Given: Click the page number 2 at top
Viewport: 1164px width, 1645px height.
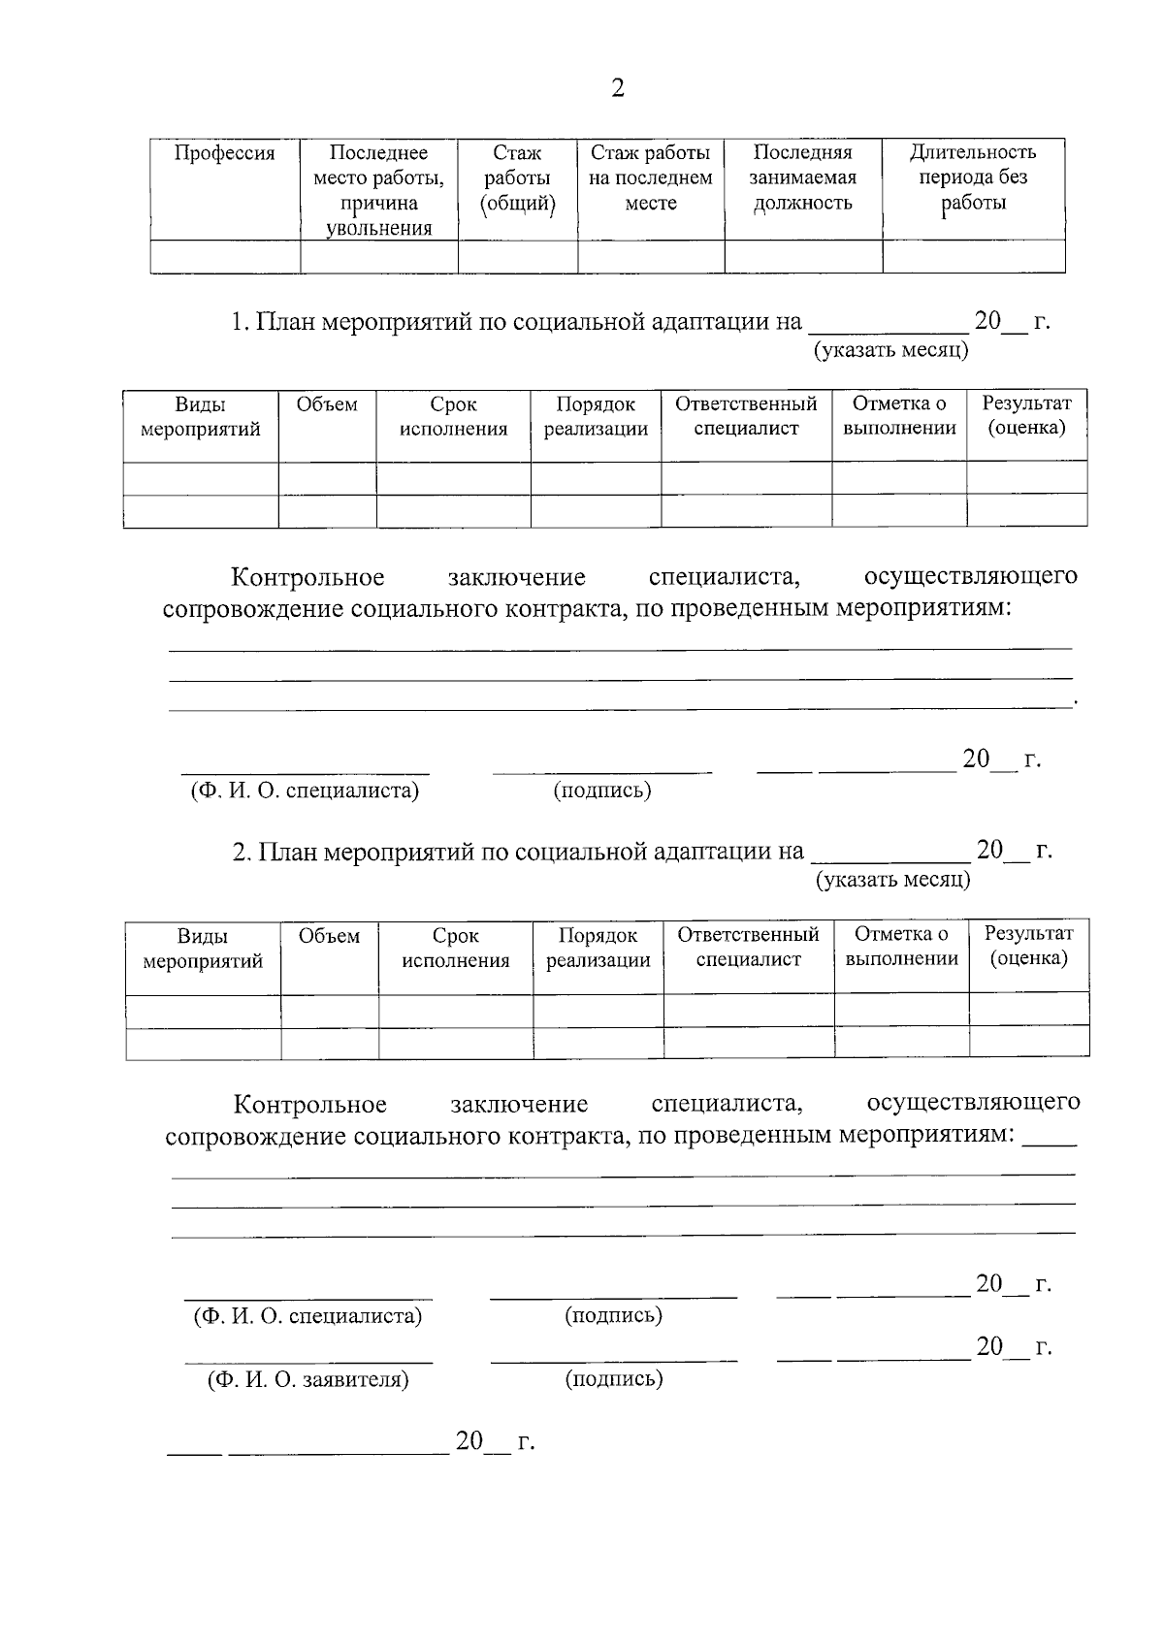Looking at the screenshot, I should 617,89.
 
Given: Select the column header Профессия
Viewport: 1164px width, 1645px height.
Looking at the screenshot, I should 224,153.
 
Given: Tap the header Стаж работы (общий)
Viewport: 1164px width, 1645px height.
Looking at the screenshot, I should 517,178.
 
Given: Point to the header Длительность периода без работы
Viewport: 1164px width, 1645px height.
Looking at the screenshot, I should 973,177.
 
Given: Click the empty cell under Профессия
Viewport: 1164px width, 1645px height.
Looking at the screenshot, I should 225,257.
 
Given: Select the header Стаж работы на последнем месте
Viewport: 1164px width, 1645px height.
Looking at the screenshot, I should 650,178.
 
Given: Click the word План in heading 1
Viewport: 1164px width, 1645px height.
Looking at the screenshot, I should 286,322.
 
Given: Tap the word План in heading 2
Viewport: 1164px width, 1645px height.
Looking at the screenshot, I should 288,852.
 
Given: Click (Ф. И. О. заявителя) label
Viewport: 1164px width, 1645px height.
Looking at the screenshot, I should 307,1379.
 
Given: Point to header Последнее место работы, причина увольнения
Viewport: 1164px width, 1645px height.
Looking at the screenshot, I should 378,191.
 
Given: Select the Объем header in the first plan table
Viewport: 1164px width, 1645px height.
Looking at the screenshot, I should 327,404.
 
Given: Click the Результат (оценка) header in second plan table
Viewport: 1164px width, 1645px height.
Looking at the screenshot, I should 1028,946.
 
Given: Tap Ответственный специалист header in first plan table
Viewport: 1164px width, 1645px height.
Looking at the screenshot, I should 746,416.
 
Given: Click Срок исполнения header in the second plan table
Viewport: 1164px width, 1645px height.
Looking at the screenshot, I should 455,948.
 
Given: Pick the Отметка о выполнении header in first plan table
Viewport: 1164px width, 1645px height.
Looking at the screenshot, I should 899,416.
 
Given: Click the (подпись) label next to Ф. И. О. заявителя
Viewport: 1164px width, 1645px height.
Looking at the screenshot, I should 614,1379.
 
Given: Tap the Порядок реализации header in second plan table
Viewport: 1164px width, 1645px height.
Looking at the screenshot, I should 598,948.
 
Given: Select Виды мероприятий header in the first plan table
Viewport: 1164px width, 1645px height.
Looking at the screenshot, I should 201,417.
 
